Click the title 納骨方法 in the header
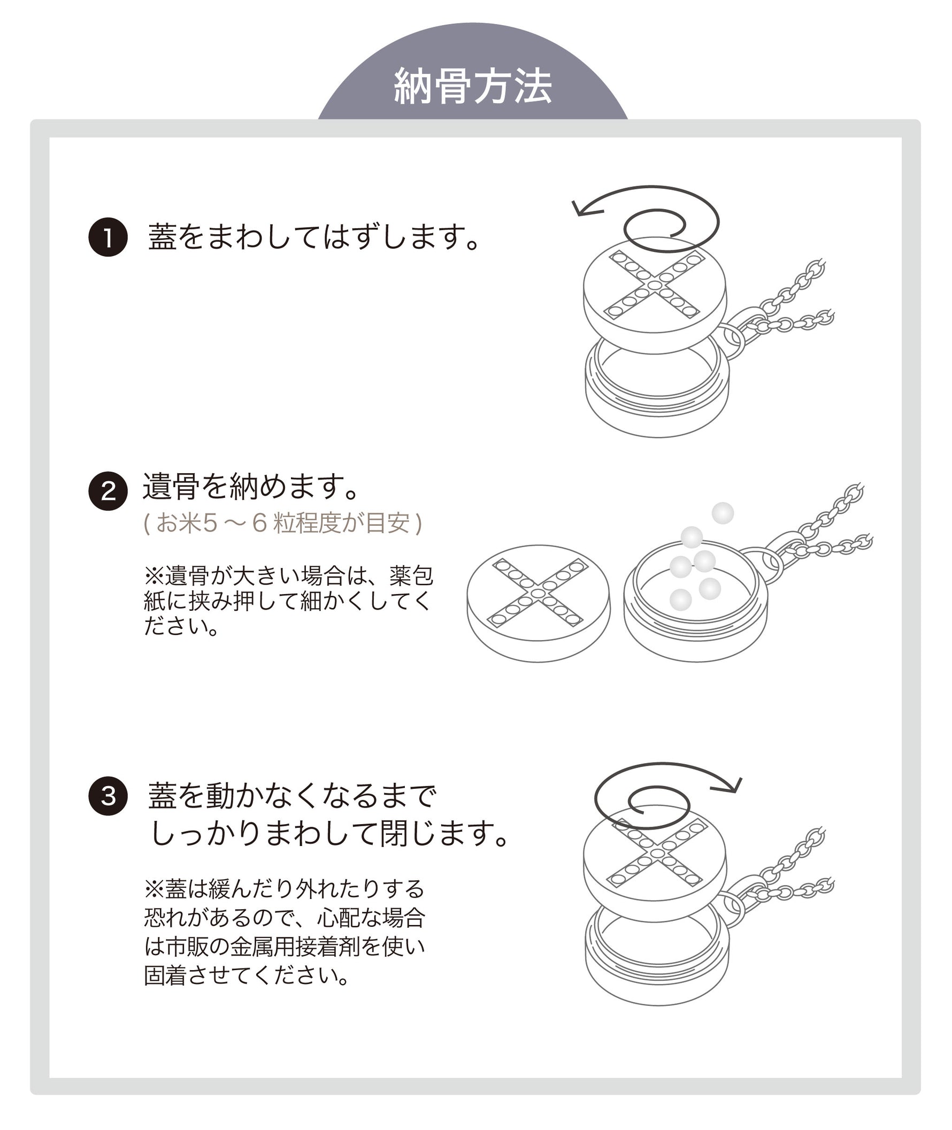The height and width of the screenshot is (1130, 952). click(x=473, y=86)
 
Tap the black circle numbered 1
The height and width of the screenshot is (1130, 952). click(x=108, y=237)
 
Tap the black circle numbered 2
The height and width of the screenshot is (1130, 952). click(x=108, y=490)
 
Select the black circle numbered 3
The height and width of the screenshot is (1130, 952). click(x=108, y=796)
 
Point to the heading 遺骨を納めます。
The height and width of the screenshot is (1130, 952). click(x=251, y=486)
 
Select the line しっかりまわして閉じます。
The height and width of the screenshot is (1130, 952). click(x=329, y=834)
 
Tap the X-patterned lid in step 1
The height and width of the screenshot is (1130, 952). click(x=655, y=296)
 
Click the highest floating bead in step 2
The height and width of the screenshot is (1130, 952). click(x=723, y=513)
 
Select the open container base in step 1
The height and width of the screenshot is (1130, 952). click(x=657, y=389)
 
